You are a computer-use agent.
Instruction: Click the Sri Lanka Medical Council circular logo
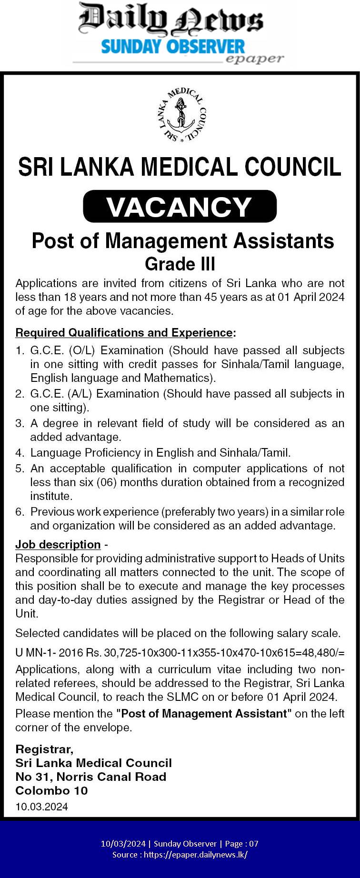[x=181, y=115]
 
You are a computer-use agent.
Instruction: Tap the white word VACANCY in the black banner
[x=180, y=207]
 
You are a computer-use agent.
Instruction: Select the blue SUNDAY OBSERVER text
[x=173, y=47]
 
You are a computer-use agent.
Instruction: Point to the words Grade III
[x=180, y=264]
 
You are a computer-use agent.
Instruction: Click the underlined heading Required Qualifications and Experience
[x=124, y=332]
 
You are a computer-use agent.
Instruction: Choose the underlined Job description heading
[x=58, y=544]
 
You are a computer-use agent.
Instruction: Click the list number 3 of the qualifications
[x=20, y=423]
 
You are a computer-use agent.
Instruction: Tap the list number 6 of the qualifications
[x=20, y=512]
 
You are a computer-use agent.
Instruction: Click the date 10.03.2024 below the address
[x=41, y=807]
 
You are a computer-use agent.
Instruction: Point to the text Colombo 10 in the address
[x=51, y=790]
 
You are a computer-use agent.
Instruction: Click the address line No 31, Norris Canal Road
[x=90, y=777]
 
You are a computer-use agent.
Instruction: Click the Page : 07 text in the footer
[x=241, y=844]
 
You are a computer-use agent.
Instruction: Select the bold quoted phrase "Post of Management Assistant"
[x=204, y=713]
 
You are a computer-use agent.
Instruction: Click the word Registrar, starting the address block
[x=44, y=749]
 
